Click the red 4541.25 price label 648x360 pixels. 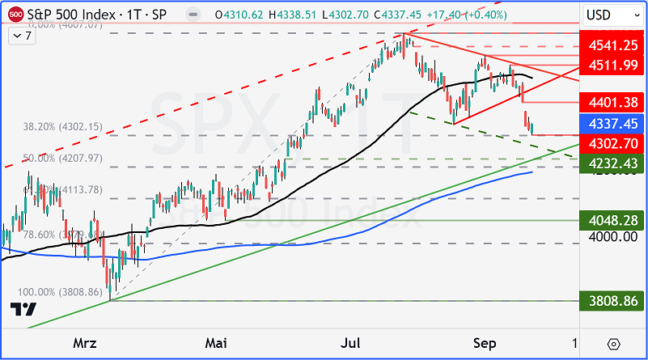613,47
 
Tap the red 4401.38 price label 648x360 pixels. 613,102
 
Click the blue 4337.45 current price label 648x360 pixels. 613,124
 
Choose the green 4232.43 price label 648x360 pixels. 613,163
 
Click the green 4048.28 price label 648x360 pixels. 613,220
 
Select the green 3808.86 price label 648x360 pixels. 613,301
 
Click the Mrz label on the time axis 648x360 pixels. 84,343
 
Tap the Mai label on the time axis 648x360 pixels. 215,343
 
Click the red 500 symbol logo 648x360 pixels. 15,15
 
